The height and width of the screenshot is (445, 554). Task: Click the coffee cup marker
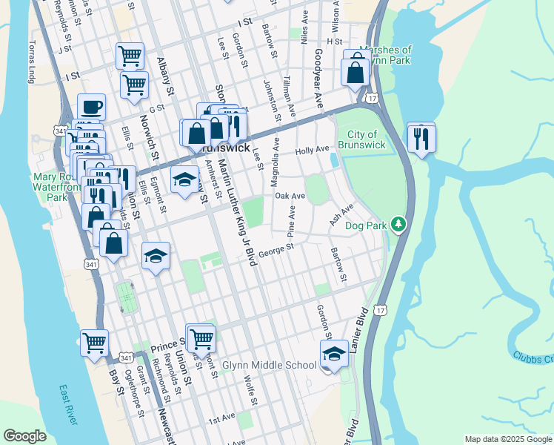click(91, 106)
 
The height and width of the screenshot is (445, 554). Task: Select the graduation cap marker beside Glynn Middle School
click(334, 353)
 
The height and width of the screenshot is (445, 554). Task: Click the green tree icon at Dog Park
click(398, 223)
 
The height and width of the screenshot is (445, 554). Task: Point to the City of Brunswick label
click(361, 139)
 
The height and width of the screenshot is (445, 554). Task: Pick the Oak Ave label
click(290, 196)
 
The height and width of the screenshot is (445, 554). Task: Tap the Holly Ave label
click(312, 150)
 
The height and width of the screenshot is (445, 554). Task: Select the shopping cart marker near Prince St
click(201, 338)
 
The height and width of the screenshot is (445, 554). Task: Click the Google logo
click(24, 436)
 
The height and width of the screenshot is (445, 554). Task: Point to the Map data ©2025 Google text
click(507, 439)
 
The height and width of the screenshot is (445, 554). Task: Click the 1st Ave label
click(221, 420)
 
